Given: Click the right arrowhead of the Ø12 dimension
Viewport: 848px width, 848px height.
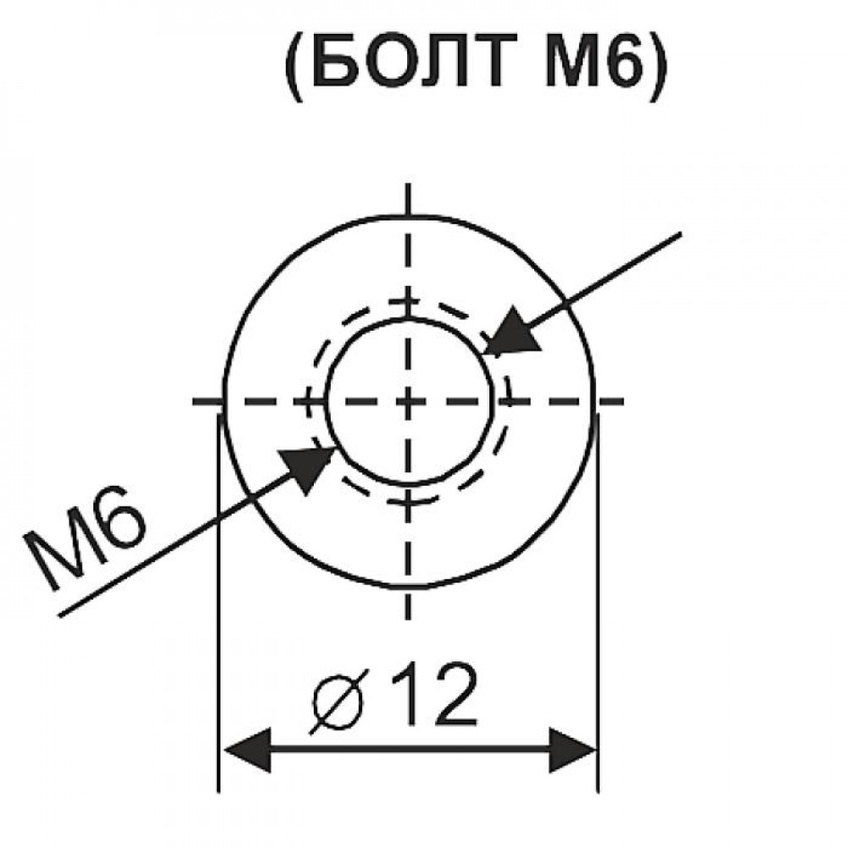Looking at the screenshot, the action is point(572,750).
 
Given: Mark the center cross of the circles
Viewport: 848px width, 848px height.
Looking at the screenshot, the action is point(408,401).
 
